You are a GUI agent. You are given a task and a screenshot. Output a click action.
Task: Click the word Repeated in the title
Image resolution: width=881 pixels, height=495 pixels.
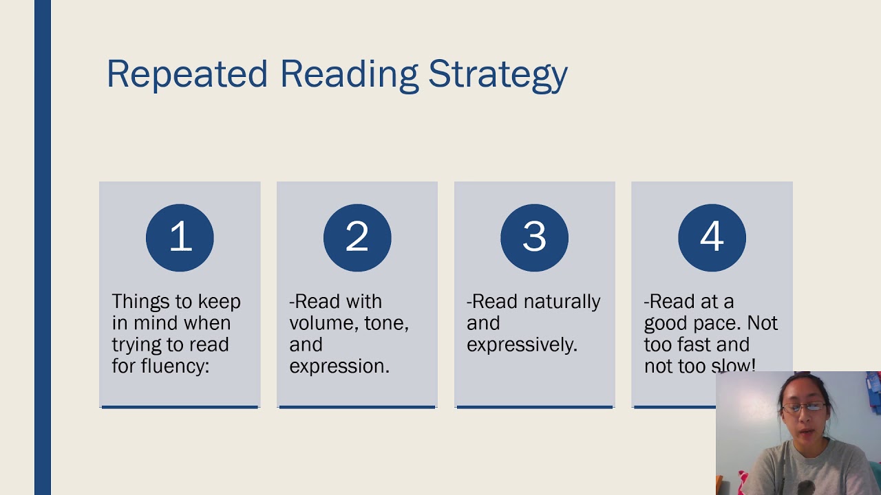coord(187,74)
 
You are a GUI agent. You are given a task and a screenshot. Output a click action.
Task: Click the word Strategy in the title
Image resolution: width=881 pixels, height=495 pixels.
coord(498,74)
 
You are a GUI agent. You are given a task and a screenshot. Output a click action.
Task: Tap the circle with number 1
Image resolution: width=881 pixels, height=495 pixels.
coord(180,237)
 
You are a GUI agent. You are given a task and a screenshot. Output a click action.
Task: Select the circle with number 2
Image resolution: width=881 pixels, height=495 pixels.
coord(357,237)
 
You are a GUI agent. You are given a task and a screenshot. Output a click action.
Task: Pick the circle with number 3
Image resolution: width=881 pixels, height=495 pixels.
coord(534,237)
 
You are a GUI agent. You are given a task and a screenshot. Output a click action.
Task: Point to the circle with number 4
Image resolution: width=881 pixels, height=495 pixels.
coord(712,237)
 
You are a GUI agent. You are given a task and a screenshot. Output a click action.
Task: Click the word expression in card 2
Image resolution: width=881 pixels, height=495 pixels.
coord(339,366)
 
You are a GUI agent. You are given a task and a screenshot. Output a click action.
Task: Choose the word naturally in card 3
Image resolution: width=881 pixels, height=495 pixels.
coord(562,302)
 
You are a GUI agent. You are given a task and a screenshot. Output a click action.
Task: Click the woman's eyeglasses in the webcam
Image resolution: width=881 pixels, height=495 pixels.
coord(800,408)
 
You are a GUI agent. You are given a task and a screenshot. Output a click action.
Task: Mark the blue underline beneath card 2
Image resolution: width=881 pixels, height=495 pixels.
coord(357,407)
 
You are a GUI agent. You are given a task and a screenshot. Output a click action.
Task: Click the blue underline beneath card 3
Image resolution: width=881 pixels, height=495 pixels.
coord(534,407)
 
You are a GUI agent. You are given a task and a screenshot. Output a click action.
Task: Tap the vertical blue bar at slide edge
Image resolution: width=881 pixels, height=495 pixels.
coord(43,247)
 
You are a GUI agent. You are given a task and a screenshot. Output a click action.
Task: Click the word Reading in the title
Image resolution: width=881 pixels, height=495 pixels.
coord(349,74)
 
